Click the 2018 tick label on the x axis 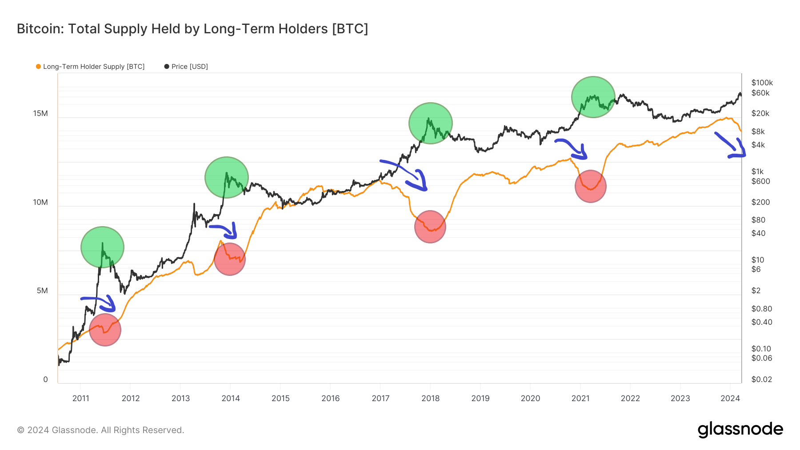point(430,398)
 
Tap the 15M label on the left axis point(40,113)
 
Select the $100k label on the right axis point(762,83)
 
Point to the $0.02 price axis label point(761,379)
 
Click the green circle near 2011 point(102,247)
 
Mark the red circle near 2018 point(430,227)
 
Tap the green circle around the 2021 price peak point(593,97)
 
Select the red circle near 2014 point(229,259)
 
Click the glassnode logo point(740,430)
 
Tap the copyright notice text point(100,430)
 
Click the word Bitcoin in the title point(38,29)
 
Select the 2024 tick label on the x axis point(730,398)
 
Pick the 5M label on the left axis point(42,291)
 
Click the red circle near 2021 point(590,186)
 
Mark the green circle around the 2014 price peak point(227,177)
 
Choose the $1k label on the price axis point(757,171)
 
